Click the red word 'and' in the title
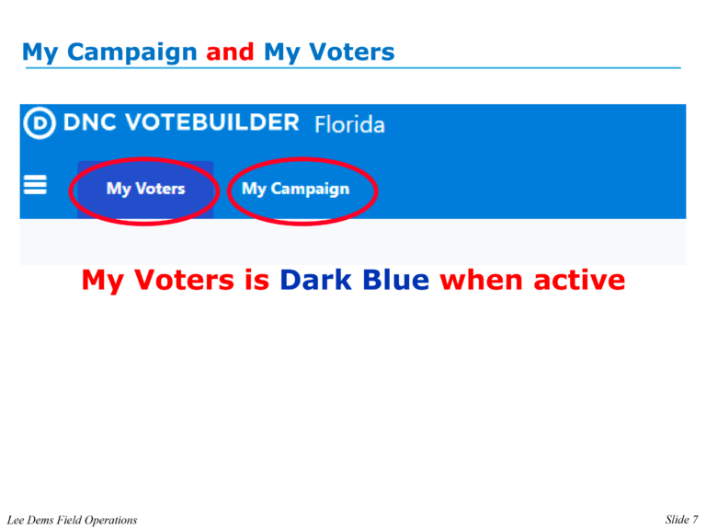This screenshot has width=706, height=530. pyautogui.click(x=230, y=52)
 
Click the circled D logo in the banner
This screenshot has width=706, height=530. pyautogui.click(x=39, y=123)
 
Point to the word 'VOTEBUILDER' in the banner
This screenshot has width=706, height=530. pyautogui.click(x=214, y=122)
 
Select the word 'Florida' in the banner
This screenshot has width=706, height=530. pyautogui.click(x=349, y=124)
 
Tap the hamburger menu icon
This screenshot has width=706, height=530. pyautogui.click(x=35, y=187)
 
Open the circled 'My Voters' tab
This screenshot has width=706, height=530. pyautogui.click(x=145, y=189)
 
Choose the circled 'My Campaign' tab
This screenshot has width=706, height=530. pyautogui.click(x=295, y=189)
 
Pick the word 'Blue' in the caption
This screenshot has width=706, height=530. pyautogui.click(x=398, y=280)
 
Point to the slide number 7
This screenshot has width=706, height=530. pyautogui.click(x=694, y=520)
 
